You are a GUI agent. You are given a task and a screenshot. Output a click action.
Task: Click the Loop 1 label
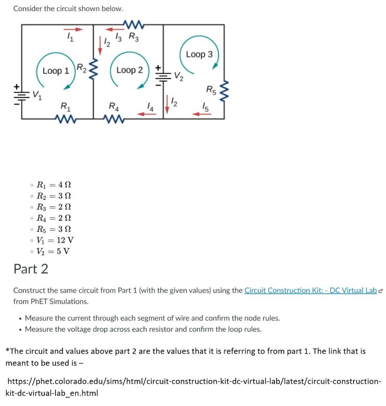click(55, 71)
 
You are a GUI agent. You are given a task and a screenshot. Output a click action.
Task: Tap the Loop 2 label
click(129, 70)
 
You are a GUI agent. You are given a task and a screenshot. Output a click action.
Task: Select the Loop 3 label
click(199, 54)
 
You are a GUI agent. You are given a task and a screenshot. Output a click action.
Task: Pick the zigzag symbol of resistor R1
click(64, 118)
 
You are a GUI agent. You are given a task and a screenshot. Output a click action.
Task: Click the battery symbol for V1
click(22, 95)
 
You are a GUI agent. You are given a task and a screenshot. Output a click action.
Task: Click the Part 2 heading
click(31, 269)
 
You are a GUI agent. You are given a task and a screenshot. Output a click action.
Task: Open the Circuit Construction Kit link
click(310, 290)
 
